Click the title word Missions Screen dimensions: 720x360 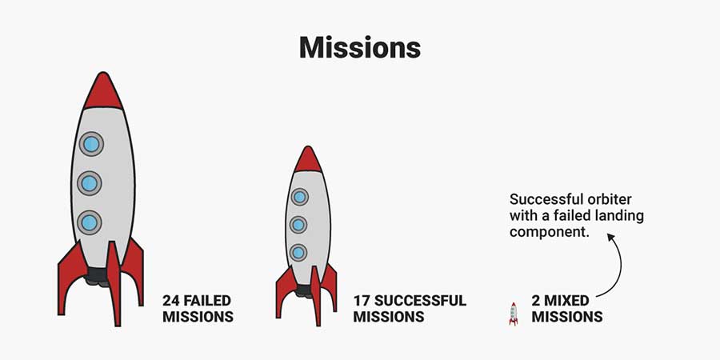click(x=359, y=47)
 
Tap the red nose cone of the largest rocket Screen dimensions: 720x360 click(x=103, y=92)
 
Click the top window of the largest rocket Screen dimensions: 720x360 click(x=91, y=144)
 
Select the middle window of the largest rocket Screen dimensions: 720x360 click(x=90, y=183)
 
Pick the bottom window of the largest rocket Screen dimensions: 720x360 click(x=90, y=222)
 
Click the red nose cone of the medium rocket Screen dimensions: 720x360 click(x=308, y=160)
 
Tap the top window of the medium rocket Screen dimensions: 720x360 click(x=299, y=197)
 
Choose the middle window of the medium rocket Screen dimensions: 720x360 click(x=298, y=225)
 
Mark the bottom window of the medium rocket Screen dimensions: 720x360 click(x=298, y=253)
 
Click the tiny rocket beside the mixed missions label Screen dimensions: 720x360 click(x=514, y=314)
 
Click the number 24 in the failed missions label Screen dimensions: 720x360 click(x=171, y=302)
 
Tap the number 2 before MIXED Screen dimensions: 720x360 click(x=536, y=302)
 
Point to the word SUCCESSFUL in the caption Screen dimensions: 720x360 click(x=420, y=302)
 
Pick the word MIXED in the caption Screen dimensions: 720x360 click(x=567, y=302)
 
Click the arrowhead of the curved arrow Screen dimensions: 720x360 click(x=610, y=238)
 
